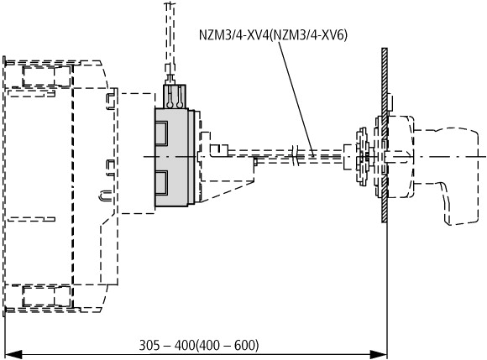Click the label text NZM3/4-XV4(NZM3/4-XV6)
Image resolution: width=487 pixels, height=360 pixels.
pyautogui.click(x=273, y=34)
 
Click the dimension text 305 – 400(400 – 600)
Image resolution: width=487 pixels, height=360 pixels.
pyautogui.click(x=199, y=345)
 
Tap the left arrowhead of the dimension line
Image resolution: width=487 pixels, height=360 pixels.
pyautogui.click(x=13, y=354)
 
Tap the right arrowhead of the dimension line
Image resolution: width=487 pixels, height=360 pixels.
pyautogui.click(x=379, y=354)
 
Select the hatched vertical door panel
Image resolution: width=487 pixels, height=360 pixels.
pyautogui.click(x=385, y=135)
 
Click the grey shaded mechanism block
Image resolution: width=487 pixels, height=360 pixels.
pyautogui.click(x=172, y=158)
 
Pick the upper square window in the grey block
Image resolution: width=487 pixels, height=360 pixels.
pyautogui.click(x=161, y=133)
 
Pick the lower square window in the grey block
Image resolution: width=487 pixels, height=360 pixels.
pyautogui.click(x=161, y=183)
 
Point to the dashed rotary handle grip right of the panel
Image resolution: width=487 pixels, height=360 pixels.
pyautogui.click(x=448, y=174)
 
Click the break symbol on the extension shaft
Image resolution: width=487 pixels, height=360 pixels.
pyautogui.click(x=296, y=155)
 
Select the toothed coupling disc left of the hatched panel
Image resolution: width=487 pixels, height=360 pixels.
pyautogui.click(x=363, y=156)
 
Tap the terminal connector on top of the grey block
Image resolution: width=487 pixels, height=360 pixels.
pyautogui.click(x=175, y=96)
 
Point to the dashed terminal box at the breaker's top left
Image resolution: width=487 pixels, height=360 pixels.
pyautogui.click(x=46, y=76)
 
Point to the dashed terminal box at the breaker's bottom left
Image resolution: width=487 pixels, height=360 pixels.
pyautogui.click(x=46, y=297)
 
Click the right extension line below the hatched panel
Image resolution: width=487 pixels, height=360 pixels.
pyautogui.click(x=387, y=290)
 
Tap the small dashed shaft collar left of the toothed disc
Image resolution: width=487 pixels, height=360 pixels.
pyautogui.click(x=349, y=157)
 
